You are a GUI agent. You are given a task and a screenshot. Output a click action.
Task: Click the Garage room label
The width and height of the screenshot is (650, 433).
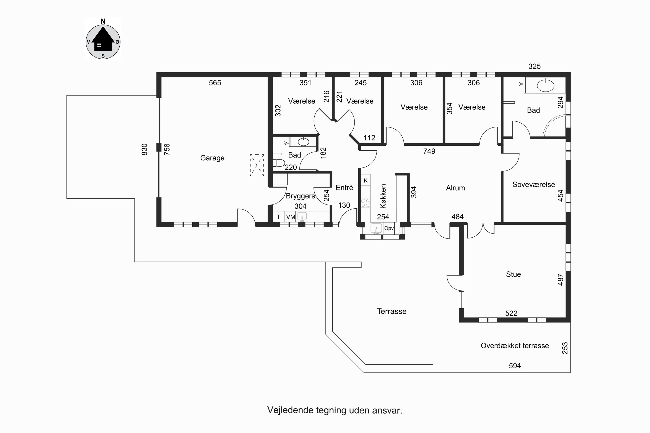[212, 158]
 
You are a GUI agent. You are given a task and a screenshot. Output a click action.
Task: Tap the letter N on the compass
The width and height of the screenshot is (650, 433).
[103, 21]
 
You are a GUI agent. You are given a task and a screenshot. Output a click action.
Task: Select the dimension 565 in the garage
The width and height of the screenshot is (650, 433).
[215, 83]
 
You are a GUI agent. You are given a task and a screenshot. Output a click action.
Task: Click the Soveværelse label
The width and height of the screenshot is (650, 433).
[534, 184]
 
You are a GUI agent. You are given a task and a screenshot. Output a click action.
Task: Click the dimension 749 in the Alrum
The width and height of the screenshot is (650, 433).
[429, 151]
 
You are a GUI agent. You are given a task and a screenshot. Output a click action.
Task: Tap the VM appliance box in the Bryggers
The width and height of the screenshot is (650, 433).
[291, 217]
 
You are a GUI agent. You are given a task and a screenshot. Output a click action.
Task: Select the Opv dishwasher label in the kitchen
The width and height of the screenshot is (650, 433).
[389, 228]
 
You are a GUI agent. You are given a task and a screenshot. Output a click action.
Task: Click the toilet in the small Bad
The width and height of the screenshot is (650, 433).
[279, 163]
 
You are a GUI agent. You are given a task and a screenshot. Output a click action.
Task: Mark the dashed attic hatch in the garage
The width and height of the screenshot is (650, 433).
[257, 165]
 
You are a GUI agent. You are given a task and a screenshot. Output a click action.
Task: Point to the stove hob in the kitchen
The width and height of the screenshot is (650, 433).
[365, 203]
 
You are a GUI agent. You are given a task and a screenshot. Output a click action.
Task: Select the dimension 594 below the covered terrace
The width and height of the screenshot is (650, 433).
[515, 366]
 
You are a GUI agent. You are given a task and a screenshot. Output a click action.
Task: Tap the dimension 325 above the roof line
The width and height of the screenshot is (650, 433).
[534, 66]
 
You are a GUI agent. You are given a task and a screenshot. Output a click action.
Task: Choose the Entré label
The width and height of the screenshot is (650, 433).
[344, 188]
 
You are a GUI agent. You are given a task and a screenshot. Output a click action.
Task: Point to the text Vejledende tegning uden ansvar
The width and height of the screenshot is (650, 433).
[335, 410]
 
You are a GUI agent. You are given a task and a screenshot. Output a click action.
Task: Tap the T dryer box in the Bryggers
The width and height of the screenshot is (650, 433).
[278, 217]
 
